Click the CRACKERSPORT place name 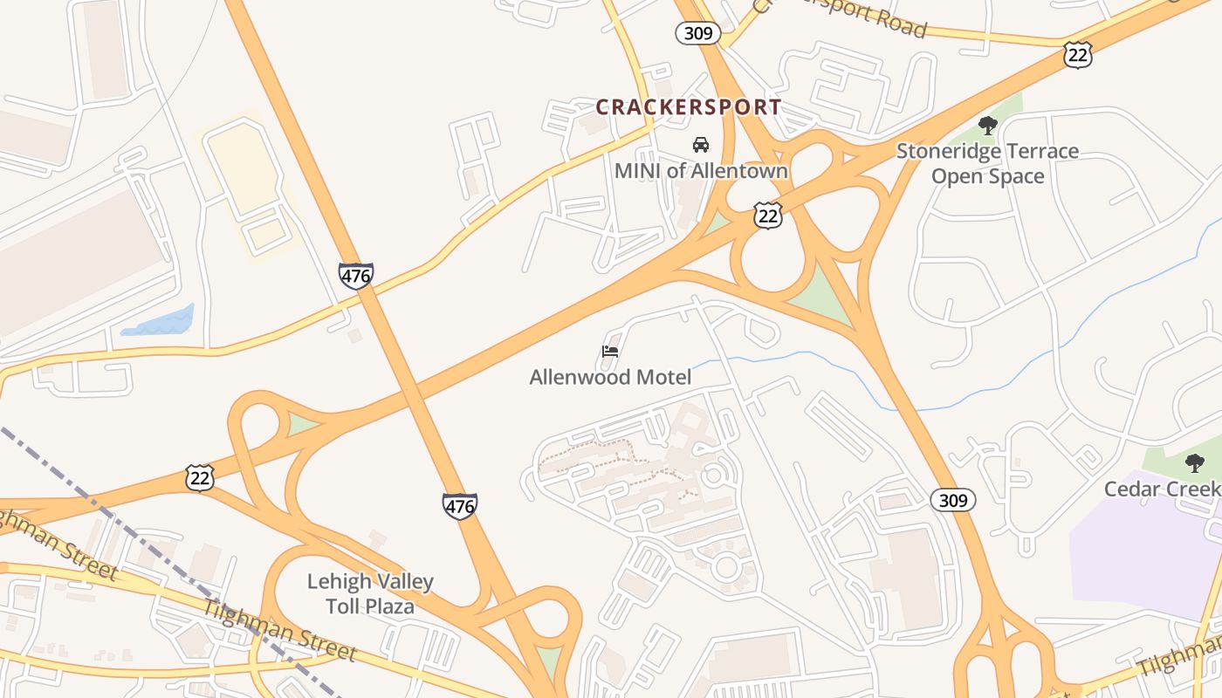tap(688, 107)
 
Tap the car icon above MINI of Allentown tap(700, 144)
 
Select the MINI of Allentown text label tap(701, 170)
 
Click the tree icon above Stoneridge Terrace tap(987, 126)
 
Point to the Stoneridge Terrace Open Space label tap(987, 163)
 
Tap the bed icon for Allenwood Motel tap(610, 352)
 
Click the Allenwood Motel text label tap(610, 377)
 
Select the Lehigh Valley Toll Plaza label tap(370, 593)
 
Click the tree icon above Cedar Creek tap(1194, 463)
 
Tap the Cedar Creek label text tap(1161, 489)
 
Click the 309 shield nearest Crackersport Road tap(697, 34)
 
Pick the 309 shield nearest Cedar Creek tap(952, 500)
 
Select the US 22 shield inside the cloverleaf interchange tap(767, 216)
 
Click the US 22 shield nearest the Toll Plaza tap(200, 477)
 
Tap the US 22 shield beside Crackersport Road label tap(1078, 55)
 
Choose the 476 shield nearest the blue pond tap(356, 276)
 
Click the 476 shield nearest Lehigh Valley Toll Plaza tap(459, 506)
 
